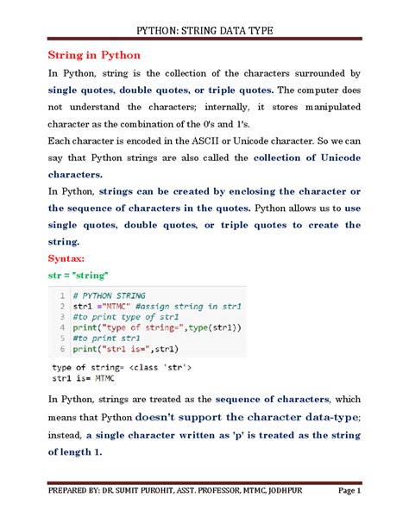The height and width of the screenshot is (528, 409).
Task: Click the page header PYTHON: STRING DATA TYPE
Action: (205, 31)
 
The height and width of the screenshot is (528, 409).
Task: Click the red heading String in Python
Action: (94, 56)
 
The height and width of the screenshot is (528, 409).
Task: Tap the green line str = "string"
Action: (78, 276)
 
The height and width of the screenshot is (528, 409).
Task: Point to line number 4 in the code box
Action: (63, 327)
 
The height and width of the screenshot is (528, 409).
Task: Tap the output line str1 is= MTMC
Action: (84, 378)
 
